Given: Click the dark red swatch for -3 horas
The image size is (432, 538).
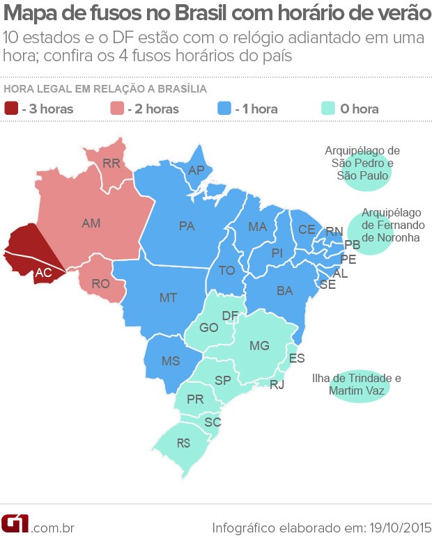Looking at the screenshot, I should click(11, 109).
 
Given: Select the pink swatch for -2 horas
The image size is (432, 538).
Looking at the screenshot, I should click(117, 109).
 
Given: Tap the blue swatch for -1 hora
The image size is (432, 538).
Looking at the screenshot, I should click(224, 109).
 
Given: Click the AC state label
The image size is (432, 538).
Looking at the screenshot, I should click(43, 274).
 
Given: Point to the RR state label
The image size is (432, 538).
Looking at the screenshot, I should click(111, 164).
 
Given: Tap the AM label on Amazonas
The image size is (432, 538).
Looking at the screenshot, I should click(91, 223).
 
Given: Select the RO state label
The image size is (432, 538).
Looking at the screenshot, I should click(101, 284).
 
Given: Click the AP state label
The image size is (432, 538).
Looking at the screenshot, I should click(197, 170).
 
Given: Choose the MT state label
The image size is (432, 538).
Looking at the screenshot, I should click(168, 297).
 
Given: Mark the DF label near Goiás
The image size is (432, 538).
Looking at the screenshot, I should click(230, 316).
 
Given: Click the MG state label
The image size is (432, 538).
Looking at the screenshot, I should click(259, 345).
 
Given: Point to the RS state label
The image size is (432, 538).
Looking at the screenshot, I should click(184, 442).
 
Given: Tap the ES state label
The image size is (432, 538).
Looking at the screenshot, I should click(297, 358).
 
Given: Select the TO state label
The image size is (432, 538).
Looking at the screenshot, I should click(226, 270).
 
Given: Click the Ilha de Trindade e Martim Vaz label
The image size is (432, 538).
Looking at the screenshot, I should click(357, 384).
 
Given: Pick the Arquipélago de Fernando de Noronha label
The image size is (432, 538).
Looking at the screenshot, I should click(391, 225).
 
